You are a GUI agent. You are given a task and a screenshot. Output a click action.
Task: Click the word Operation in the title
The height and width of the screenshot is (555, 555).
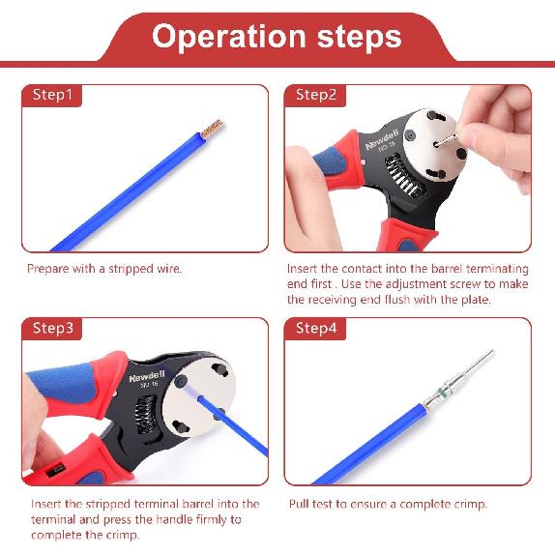[228, 37]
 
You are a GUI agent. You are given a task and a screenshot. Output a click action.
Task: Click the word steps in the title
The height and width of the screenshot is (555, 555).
[360, 37]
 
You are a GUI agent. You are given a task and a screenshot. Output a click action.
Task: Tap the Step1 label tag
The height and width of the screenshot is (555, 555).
[52, 95]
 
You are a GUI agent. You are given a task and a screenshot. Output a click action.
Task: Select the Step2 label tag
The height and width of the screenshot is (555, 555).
[315, 95]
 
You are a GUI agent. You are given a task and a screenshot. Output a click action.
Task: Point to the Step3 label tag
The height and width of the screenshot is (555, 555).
[52, 329]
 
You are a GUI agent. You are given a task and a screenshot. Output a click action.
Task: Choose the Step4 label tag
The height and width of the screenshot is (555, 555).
[315, 329]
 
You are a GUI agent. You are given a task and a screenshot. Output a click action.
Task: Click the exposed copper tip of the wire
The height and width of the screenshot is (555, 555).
[213, 129]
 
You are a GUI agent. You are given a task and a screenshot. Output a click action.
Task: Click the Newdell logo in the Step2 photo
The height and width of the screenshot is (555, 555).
[382, 140]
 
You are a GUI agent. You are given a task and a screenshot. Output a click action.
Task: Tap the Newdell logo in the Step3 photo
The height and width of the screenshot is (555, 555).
[147, 378]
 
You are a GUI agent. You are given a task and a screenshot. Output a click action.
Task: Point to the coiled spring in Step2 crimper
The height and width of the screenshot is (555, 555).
[403, 176]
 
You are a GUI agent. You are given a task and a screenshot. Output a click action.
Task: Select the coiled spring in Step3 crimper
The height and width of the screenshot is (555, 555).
[146, 414]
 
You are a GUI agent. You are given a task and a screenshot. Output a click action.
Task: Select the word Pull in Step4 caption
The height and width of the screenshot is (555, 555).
[299, 504]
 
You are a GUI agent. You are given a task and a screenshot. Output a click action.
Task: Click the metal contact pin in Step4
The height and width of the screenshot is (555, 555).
[459, 379]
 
